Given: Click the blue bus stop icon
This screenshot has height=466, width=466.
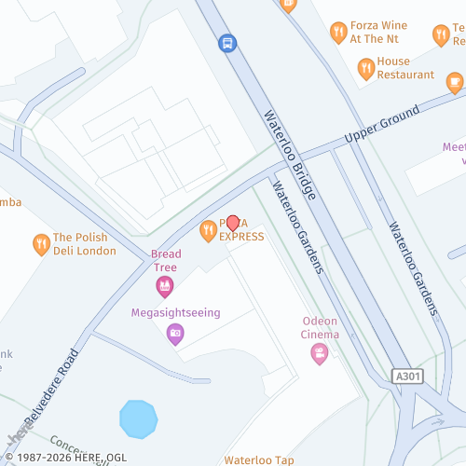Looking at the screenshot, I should tap(227, 42).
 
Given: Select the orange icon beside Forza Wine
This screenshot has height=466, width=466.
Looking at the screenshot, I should tap(338, 34).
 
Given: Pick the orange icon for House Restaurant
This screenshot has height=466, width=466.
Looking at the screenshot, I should tap(365, 67).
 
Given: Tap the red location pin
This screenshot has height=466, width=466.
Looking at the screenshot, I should tap(233, 224).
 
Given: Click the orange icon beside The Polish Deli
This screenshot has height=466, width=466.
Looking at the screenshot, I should tap(40, 244).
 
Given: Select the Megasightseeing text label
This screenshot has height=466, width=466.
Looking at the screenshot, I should tap(175, 312).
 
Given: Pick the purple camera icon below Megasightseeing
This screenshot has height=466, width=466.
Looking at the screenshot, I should tap(175, 334).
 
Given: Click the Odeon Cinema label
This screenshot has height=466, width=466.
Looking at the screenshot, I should tap(321, 328).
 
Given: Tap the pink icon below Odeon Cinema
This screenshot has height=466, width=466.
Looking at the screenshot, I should tap(320, 353).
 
